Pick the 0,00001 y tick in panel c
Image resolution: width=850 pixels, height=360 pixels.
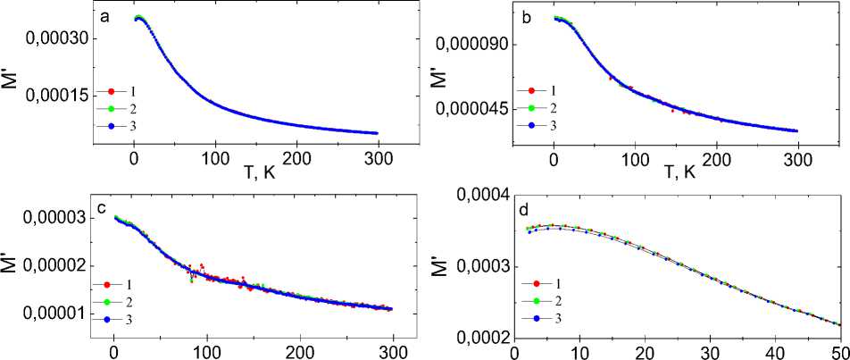[57, 314]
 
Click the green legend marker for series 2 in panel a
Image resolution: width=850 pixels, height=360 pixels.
[111, 108]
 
